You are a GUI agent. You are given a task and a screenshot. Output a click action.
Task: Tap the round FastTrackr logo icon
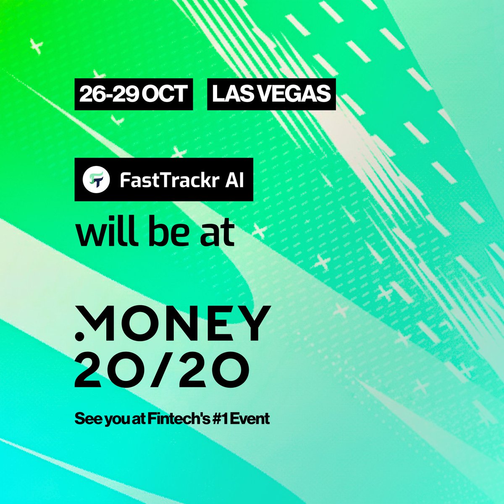tap(95, 179)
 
